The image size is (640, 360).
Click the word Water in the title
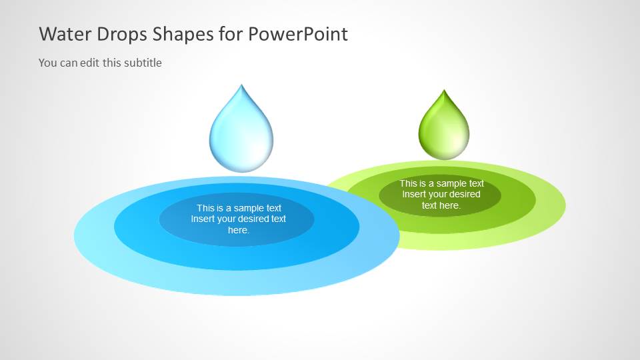[x=65, y=34]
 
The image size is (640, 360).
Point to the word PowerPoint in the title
[x=298, y=34]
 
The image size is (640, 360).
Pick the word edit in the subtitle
[x=90, y=63]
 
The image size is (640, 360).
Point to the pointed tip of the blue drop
[x=241, y=85]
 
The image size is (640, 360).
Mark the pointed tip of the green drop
[x=444, y=90]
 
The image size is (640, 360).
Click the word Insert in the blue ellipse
[x=202, y=219]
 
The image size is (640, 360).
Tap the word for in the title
[x=231, y=34]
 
